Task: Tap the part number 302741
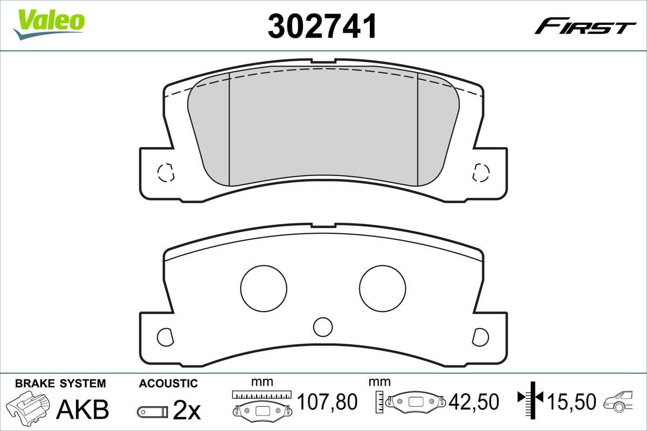coord(322,26)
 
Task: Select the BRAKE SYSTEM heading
coord(60,384)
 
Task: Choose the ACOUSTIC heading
coord(168,384)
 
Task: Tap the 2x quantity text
coord(187,411)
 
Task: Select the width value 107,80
coord(327,402)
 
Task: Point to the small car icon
coord(621,402)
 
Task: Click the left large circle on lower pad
coord(264,288)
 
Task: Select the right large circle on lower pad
coord(382,288)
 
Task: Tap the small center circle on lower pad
coord(323,326)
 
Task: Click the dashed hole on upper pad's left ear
coord(165,172)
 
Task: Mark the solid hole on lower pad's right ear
coord(480,337)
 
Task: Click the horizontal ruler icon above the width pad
coord(261,395)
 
